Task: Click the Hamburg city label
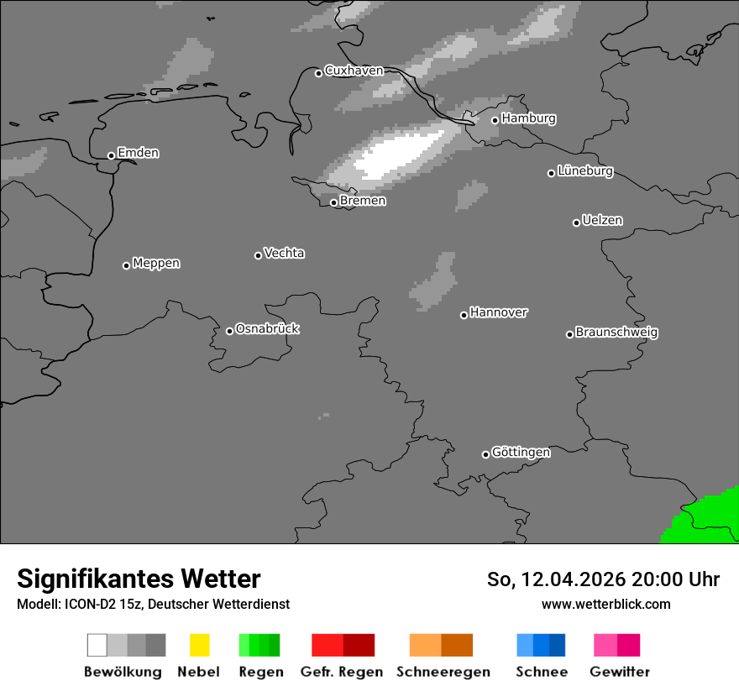tap(528, 118)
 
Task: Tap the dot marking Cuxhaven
tap(318, 73)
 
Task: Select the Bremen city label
tap(363, 202)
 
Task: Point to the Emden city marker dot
tap(111, 155)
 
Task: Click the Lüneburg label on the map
tap(585, 171)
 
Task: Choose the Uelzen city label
tap(602, 221)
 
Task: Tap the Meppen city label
tap(156, 264)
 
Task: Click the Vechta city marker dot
tap(258, 255)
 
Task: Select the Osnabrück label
tap(267, 329)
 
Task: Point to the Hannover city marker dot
tap(464, 315)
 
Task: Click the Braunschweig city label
tap(616, 333)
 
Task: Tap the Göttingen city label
tap(521, 453)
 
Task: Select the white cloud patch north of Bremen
tap(395, 155)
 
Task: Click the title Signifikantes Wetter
tap(139, 579)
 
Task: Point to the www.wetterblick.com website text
tap(605, 604)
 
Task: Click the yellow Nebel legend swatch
tap(199, 645)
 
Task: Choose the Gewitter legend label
tap(620, 672)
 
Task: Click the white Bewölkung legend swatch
tap(97, 645)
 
